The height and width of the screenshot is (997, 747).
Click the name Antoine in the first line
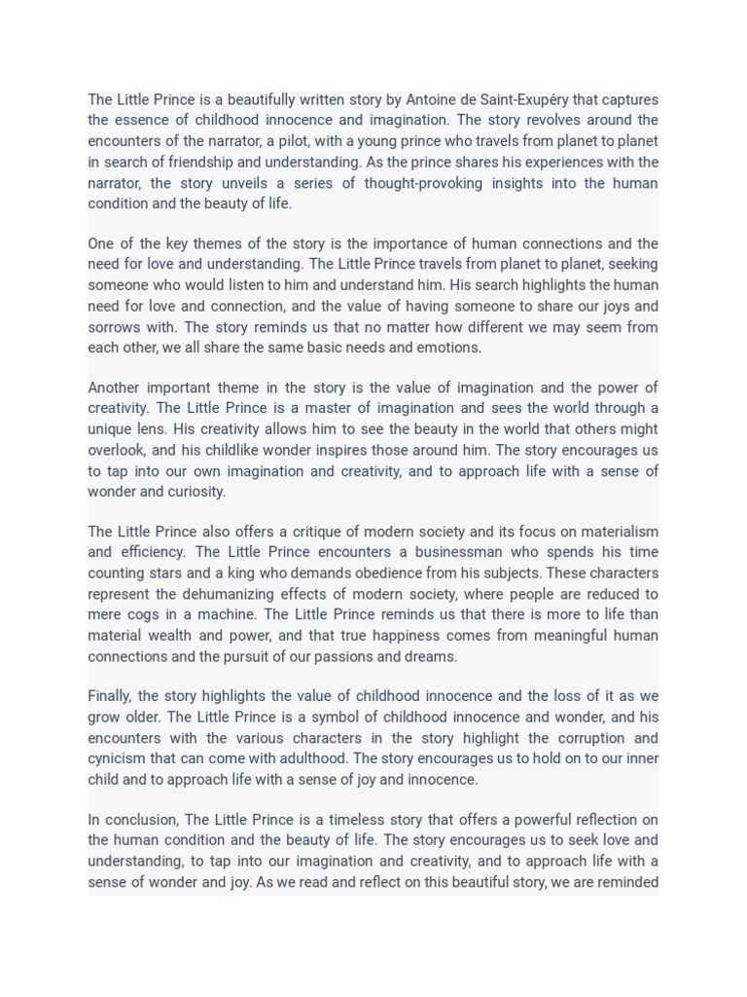click(x=432, y=99)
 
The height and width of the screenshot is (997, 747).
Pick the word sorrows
click(x=115, y=327)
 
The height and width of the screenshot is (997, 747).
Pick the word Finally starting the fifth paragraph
click(x=110, y=696)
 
